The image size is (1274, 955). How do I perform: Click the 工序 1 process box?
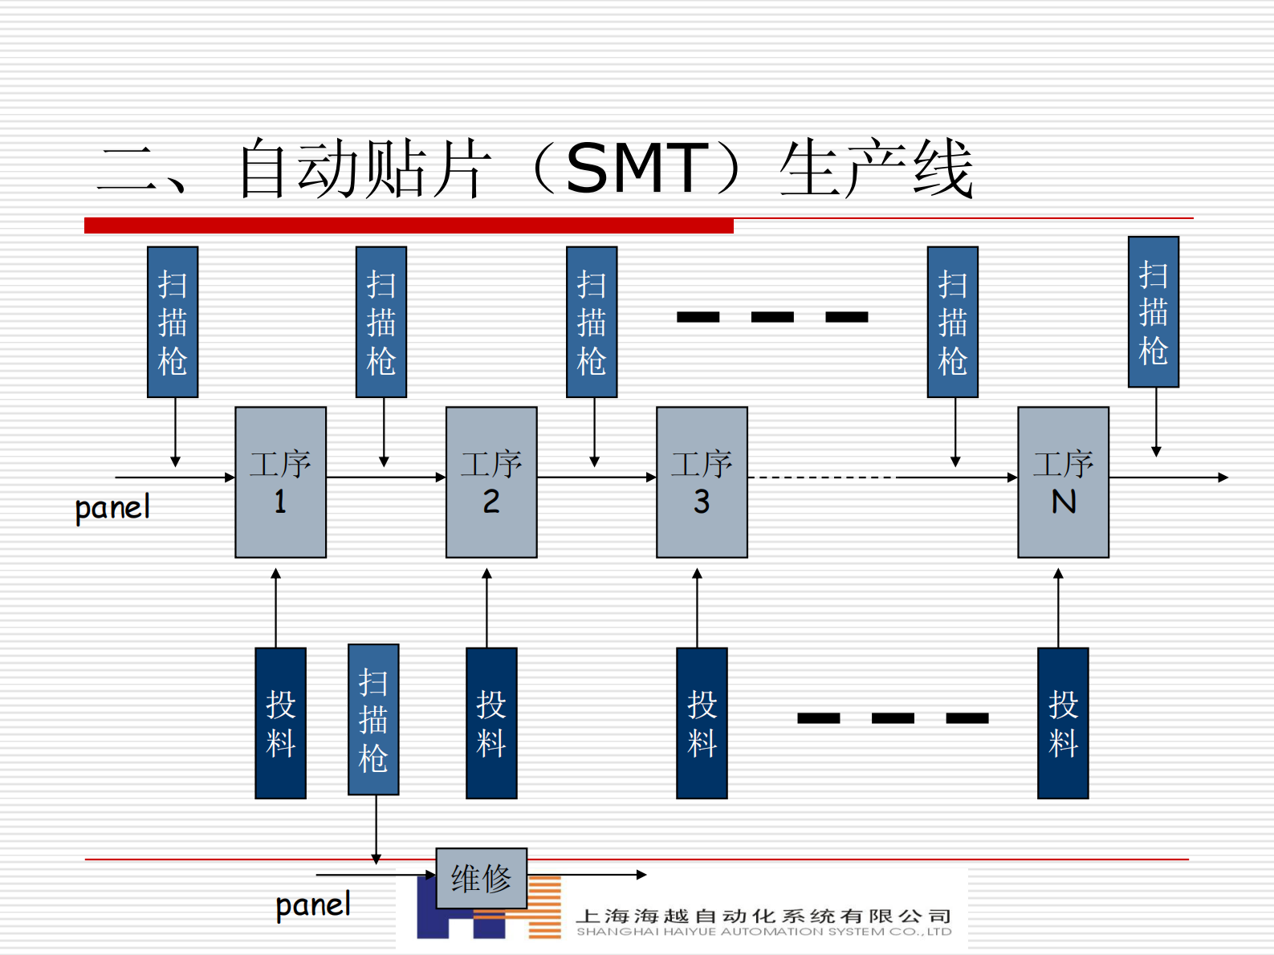click(x=280, y=482)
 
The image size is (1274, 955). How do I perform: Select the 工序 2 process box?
click(x=491, y=482)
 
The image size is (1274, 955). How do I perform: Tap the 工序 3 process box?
click(x=702, y=482)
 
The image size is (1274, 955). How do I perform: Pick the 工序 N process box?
click(x=1063, y=482)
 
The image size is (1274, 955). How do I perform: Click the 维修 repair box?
click(x=481, y=878)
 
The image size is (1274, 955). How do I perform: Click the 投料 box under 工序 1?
click(x=280, y=723)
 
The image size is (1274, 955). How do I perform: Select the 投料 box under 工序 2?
click(x=491, y=723)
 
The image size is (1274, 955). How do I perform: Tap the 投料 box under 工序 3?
click(x=702, y=723)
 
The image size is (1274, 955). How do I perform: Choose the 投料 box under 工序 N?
click(x=1063, y=723)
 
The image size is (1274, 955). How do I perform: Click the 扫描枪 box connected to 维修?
click(x=373, y=719)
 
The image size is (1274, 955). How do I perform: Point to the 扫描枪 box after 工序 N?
click(x=1153, y=312)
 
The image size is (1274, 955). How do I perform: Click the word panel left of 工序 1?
click(x=112, y=508)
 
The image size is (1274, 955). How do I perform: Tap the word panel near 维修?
click(x=313, y=905)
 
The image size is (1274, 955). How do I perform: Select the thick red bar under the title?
click(x=409, y=226)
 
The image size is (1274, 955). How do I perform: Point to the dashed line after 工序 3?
click(x=822, y=477)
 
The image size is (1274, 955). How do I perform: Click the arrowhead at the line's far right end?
click(x=1223, y=477)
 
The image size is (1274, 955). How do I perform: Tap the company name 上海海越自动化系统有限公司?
click(x=763, y=916)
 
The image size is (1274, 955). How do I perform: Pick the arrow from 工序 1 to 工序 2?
click(x=385, y=477)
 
